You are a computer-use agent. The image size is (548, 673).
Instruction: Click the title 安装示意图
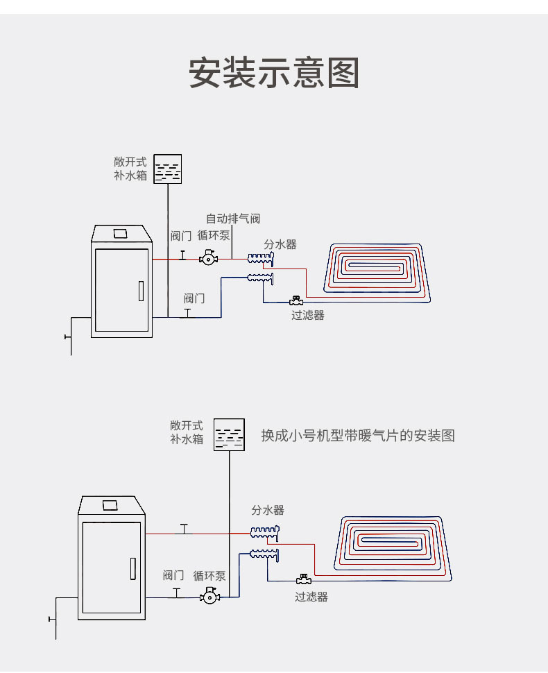tap(274, 73)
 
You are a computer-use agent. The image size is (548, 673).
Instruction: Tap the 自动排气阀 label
tap(232, 219)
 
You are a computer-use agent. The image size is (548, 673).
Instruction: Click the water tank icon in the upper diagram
tap(167, 169)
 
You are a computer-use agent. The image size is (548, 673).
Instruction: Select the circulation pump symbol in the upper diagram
tap(207, 258)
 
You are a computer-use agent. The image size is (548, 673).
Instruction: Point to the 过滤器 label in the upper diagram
tap(307, 315)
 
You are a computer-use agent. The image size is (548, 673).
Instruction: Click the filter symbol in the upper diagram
tap(296, 301)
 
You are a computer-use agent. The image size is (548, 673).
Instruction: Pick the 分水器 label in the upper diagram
tap(280, 244)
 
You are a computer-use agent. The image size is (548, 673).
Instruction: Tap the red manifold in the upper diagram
tap(261, 259)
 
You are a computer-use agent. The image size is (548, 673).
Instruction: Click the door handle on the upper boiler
tap(141, 291)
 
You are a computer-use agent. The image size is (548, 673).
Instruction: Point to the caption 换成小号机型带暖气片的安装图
tap(357, 436)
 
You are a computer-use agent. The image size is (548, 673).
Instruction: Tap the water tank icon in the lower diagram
tap(229, 434)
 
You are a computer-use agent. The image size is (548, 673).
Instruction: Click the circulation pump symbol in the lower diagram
tap(209, 595)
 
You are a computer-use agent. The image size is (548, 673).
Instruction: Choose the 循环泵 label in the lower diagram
tap(209, 575)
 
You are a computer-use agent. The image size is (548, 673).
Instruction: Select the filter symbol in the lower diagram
tap(302, 579)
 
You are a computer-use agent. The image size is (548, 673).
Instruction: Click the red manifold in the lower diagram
tap(264, 533)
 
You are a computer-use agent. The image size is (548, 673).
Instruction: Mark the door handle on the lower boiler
tap(132, 568)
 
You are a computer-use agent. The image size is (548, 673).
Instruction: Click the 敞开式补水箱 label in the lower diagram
tap(187, 432)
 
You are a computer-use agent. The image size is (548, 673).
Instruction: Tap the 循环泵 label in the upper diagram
tap(214, 236)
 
